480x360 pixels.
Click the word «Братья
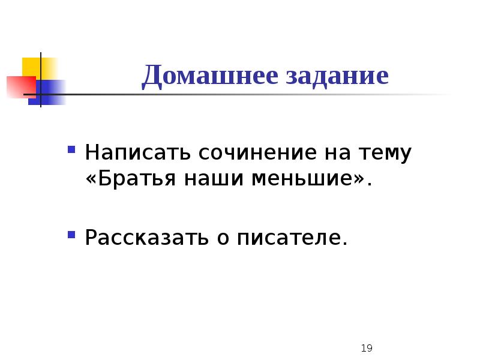tap(127, 179)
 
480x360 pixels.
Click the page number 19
tap(368, 348)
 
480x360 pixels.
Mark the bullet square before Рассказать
tap(71, 233)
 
